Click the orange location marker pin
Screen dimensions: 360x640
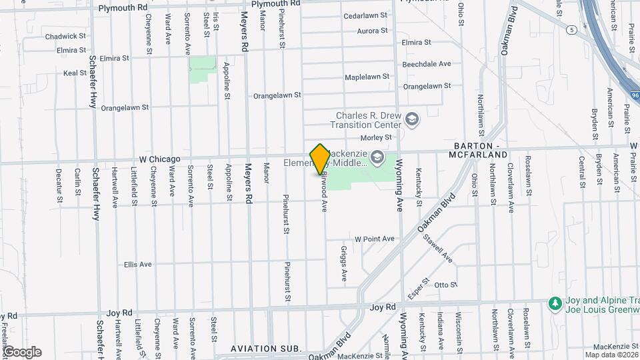[320, 159]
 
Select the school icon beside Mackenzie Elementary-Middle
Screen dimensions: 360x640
[377, 157]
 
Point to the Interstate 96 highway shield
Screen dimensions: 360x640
[633, 96]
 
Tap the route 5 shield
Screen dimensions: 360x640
[572, 30]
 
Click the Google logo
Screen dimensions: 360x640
[22, 351]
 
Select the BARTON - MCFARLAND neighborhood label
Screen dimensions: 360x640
[481, 150]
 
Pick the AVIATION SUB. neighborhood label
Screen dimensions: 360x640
[266, 349]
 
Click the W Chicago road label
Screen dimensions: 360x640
[159, 159]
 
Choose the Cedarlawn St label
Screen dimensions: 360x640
[365, 15]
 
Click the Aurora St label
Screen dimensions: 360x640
[372, 31]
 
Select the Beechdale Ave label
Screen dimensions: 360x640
[427, 64]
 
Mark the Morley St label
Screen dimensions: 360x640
[375, 137]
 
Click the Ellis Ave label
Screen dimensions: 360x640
[137, 265]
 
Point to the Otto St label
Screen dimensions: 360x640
[445, 285]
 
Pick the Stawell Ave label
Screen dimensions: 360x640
[440, 253]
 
